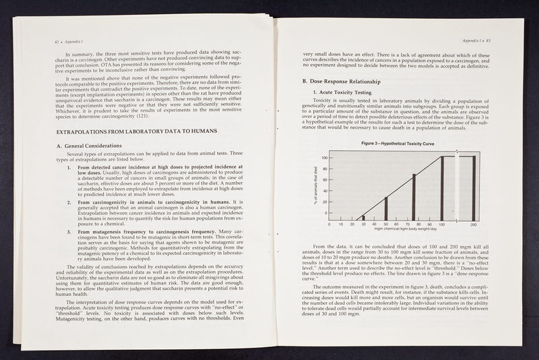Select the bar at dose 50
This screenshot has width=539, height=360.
click(x=386, y=208)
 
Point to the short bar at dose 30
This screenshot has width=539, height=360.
click(x=363, y=218)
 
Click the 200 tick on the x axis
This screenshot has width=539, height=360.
click(x=474, y=224)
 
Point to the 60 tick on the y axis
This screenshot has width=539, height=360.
click(x=325, y=180)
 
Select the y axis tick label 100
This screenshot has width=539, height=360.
click(x=324, y=158)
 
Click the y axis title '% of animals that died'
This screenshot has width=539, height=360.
click(x=315, y=188)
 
